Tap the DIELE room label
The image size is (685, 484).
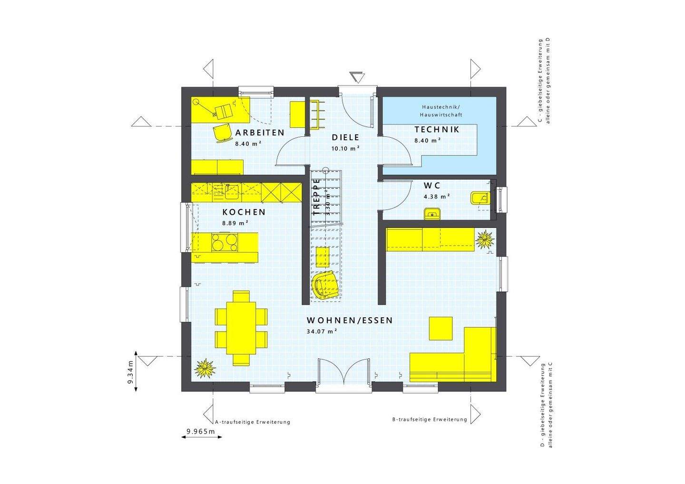[x=345, y=137]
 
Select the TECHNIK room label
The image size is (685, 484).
[x=436, y=129]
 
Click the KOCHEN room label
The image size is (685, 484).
[x=244, y=212]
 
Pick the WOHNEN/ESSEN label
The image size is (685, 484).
[x=350, y=320]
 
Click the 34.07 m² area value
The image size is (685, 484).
[x=322, y=331]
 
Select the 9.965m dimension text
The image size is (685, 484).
[x=201, y=431]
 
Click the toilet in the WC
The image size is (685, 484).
[x=478, y=198]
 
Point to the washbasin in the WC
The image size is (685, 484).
[x=432, y=213]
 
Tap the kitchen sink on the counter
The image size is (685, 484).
[x=232, y=191]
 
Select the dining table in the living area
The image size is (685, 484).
[x=241, y=328]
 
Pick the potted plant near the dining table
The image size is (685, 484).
[x=205, y=367]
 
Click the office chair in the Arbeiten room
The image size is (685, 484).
[x=221, y=133]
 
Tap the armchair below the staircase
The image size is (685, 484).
[x=325, y=285]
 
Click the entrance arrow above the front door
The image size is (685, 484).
[x=356, y=77]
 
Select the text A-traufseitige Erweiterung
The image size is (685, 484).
[x=253, y=422]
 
